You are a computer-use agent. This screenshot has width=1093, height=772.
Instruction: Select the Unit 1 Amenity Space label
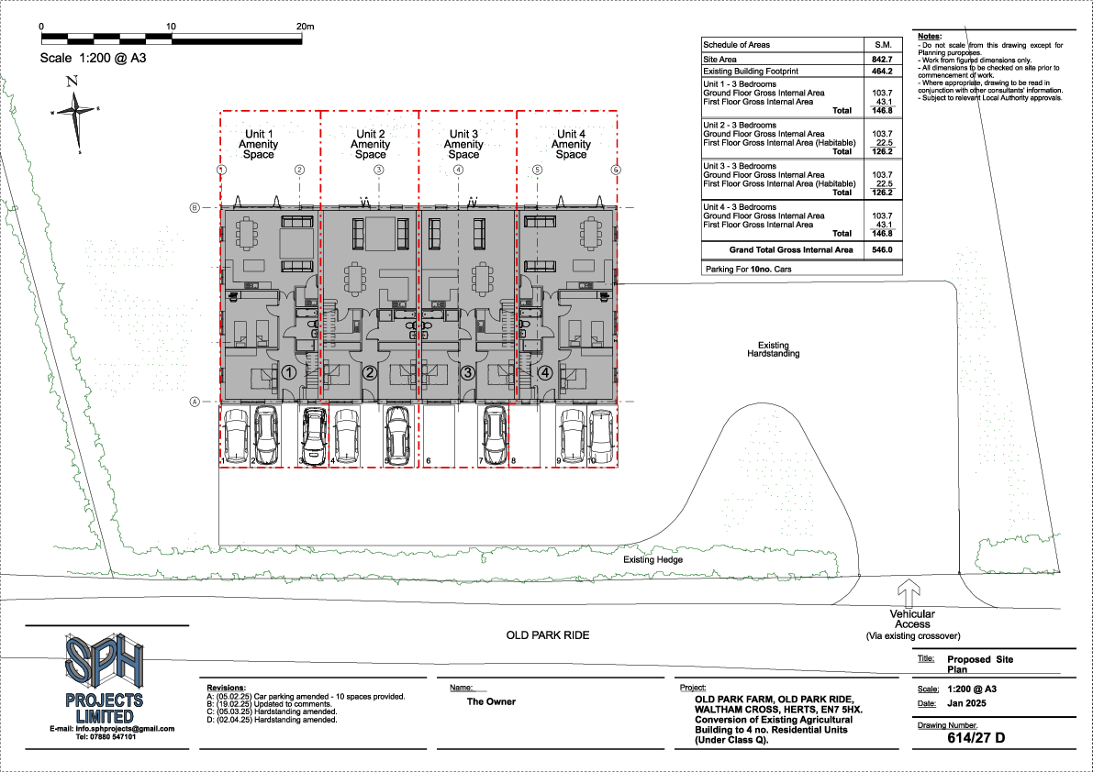pyautogui.click(x=258, y=145)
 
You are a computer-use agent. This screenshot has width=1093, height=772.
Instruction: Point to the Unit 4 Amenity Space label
pyautogui.click(x=571, y=145)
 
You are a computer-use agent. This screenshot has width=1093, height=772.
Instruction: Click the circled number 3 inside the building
pyautogui.click(x=467, y=373)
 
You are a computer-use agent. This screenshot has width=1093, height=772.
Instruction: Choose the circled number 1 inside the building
pyautogui.click(x=288, y=373)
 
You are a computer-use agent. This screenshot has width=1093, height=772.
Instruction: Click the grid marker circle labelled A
pyautogui.click(x=195, y=403)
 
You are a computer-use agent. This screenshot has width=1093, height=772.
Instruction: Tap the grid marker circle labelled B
pyautogui.click(x=195, y=208)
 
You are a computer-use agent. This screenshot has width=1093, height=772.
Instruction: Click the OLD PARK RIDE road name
pyautogui.click(x=548, y=635)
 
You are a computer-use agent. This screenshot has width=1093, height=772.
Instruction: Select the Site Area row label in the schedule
pyautogui.click(x=720, y=58)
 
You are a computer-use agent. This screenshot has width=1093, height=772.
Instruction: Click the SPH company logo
pyautogui.click(x=103, y=662)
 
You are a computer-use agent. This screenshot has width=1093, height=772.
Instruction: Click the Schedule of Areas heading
pyautogui.click(x=736, y=44)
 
